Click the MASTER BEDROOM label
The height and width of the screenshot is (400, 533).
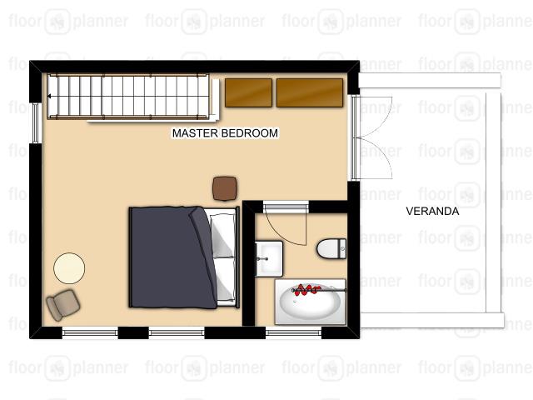coord(225,133)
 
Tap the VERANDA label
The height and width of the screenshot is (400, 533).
coord(432,211)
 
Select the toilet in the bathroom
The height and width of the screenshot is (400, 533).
coord(331,248)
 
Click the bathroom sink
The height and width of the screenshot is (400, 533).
coord(268,258)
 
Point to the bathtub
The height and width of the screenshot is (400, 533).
coord(310,302)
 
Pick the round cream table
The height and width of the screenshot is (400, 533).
coord(69,268)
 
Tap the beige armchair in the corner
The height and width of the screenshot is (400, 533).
coord(63,305)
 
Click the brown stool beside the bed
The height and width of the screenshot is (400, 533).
coord(225,188)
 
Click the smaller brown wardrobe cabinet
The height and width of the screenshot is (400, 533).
coord(248,92)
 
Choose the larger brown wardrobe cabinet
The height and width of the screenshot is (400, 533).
coord(310,92)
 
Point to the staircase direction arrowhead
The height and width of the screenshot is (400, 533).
coord(49,97)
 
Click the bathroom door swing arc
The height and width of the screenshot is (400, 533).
coord(283,232)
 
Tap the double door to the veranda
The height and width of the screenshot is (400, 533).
coord(372,137)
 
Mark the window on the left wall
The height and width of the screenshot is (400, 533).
coord(35,122)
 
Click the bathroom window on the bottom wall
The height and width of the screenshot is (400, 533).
coord(293,332)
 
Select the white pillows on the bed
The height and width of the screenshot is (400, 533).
coord(223,257)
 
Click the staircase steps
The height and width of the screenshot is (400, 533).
coord(128,97)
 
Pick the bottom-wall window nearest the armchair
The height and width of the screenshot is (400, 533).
coord(90,332)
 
